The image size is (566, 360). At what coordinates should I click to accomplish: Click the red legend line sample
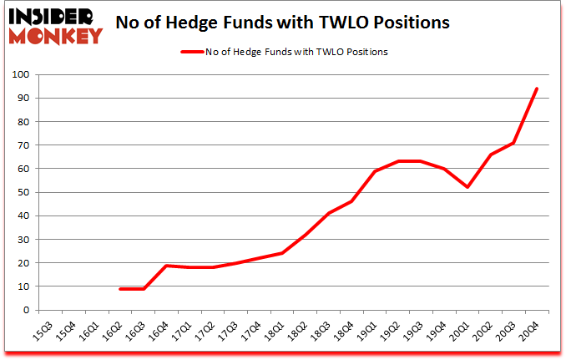(192, 52)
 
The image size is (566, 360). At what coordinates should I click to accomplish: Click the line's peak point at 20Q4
(536, 89)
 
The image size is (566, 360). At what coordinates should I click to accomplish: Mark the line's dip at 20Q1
(467, 187)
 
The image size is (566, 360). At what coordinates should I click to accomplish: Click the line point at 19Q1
(376, 171)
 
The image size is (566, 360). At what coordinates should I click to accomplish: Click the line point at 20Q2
(490, 155)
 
